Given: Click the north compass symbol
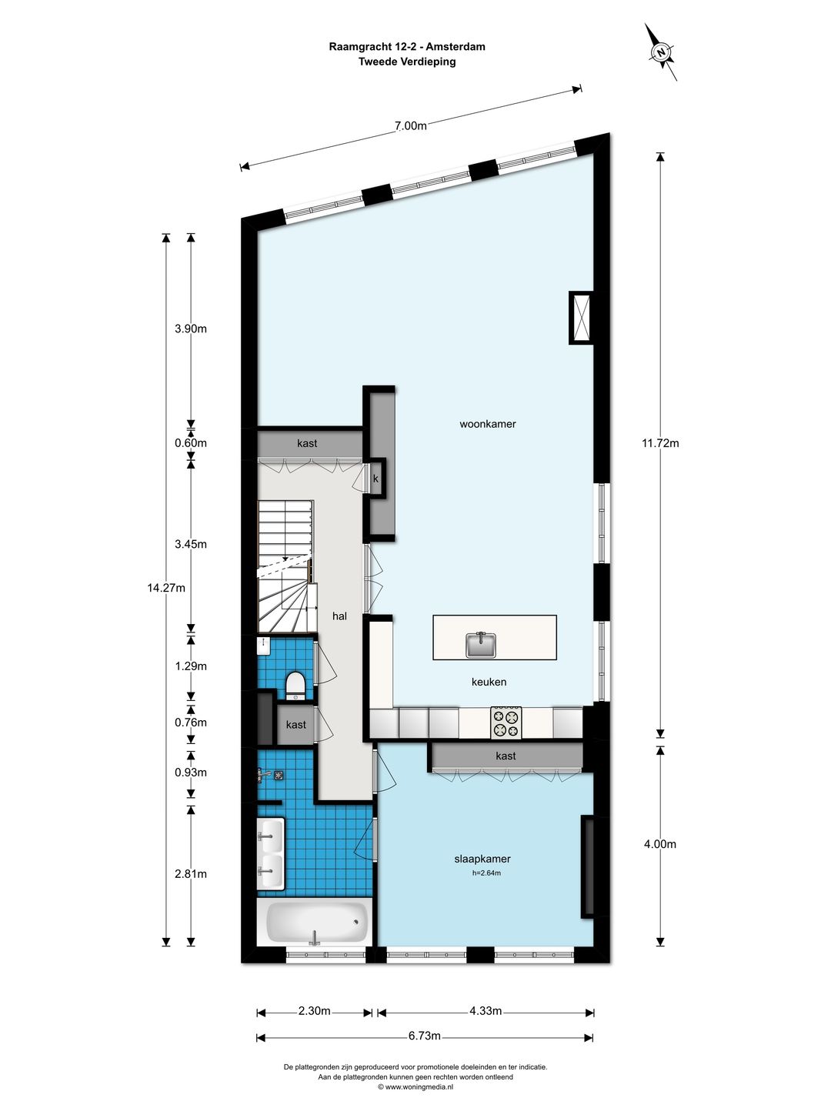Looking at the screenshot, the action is pos(661,52).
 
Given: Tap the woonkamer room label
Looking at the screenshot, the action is pos(487,424).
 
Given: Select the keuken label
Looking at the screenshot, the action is pos(489,682).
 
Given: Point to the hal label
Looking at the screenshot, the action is pos(339,616).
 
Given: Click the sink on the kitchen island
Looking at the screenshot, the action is pos(481,645).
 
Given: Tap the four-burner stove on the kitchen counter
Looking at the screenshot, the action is pos(506,723).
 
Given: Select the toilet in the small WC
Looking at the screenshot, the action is pos(295,686).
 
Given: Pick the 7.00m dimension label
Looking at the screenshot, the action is pos(410,125).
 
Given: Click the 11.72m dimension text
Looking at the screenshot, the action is pos(660,443).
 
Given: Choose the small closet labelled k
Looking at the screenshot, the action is pos(375,479).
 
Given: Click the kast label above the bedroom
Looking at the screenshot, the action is pos(506,756).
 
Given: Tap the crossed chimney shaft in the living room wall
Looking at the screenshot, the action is pos(581,318).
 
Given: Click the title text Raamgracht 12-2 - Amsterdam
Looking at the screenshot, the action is pos(407,46).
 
